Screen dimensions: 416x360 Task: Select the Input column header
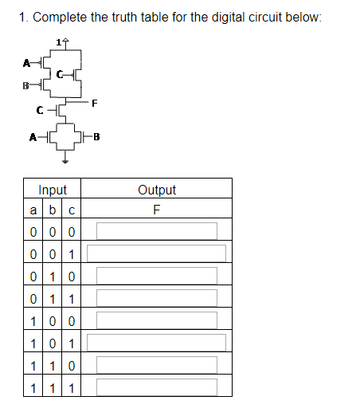pos(53,190)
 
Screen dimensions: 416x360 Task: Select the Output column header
pos(157,190)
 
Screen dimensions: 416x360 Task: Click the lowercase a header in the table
pos(33,210)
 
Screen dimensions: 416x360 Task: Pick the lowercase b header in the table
pos(53,210)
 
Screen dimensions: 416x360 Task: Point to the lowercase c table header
pos(72,210)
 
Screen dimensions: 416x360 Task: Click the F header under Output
pos(157,210)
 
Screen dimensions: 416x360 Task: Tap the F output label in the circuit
pos(94,102)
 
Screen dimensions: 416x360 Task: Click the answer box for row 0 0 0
pos(157,231)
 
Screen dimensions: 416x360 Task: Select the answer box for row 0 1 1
pos(157,298)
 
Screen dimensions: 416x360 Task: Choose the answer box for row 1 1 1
pos(157,387)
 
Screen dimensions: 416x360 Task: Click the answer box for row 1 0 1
pos(157,343)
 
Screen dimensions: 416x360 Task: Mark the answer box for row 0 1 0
pos(157,276)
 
